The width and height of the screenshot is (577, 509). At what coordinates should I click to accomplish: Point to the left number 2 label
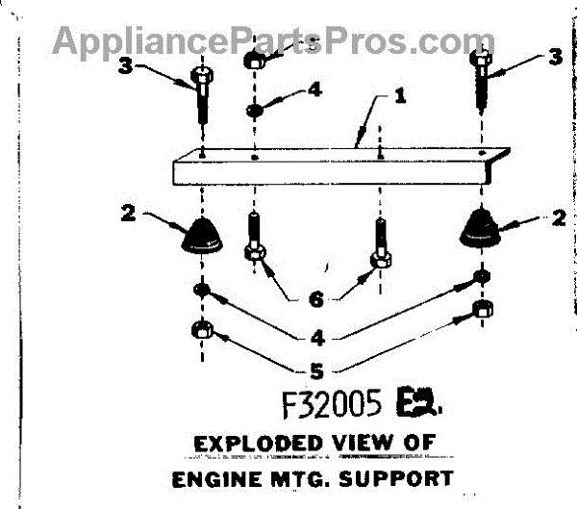125,214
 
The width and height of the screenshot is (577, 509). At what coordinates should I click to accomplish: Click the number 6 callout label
314,299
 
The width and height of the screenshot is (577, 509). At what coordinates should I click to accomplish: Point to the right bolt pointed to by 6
380,245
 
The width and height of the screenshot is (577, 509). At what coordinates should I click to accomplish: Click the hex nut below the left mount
203,329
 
